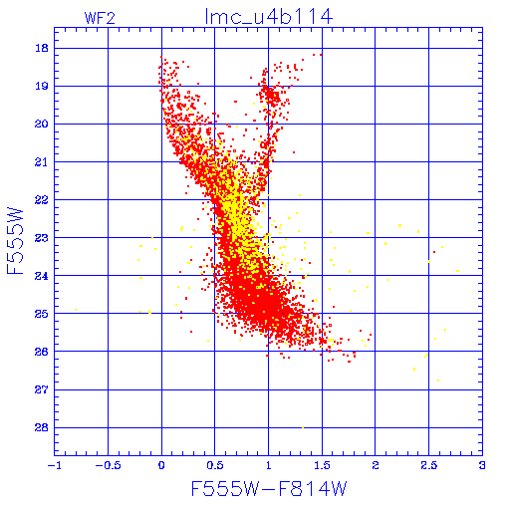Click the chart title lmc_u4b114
269,17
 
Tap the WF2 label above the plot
100,18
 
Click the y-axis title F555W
15,241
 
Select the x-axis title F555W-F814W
269,488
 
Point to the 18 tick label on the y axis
42,48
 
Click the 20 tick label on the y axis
42,124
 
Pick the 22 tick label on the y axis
42,199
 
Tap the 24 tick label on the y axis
42,276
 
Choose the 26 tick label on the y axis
42,352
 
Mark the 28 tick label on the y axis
42,427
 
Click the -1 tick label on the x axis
54,465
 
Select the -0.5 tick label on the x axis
108,465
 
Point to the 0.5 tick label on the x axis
214,465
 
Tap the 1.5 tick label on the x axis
322,465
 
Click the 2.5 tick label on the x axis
428,465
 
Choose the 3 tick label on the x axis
482,465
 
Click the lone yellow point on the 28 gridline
303,427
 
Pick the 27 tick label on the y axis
42,389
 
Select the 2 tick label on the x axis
376,465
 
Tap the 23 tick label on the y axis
42,238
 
